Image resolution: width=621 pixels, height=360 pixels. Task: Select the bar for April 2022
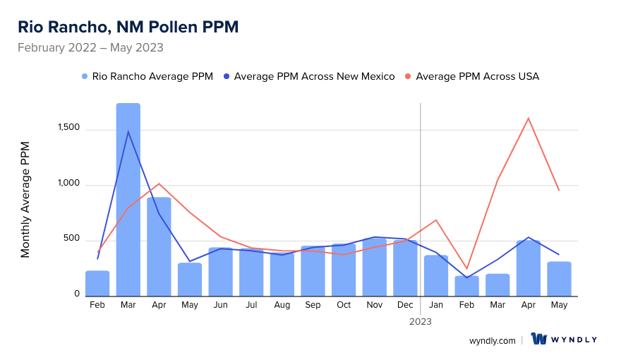tap(159, 246)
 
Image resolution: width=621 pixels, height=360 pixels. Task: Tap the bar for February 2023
tap(466, 286)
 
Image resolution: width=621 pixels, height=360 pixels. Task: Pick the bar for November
tap(375, 268)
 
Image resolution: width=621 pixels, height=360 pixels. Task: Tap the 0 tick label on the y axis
tap(76, 294)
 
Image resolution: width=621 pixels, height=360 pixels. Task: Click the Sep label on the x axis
tap(313, 305)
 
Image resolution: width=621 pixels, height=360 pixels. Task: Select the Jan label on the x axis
tap(436, 305)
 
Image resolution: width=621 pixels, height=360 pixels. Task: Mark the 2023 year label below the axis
tap(421, 321)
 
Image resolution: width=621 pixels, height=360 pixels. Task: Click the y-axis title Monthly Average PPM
tap(25, 200)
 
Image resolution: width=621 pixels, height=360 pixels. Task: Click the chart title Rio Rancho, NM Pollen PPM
tap(128, 27)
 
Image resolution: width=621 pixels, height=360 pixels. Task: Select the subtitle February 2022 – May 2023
tap(90, 48)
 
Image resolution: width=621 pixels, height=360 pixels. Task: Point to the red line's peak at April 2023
tap(529, 118)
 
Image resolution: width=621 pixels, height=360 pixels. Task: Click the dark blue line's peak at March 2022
tap(128, 131)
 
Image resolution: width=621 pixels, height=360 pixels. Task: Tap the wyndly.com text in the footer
tap(493, 340)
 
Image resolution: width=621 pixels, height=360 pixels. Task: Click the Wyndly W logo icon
tap(540, 340)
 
